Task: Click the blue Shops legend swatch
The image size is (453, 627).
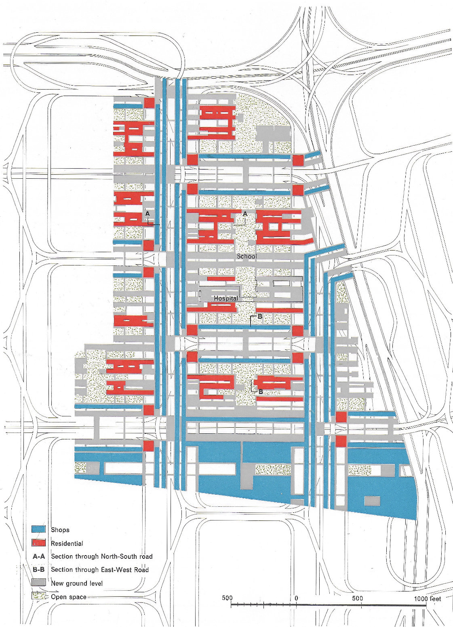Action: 38,529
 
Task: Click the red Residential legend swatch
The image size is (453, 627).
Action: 38,543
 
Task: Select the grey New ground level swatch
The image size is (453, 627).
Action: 38,583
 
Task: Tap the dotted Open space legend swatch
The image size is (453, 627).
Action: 38,596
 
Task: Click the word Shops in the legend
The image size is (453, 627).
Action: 60,530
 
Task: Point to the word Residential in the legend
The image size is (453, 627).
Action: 67,543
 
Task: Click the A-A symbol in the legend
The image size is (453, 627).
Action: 39,556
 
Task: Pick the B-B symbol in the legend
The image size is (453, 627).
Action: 39,570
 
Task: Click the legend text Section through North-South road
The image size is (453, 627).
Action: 102,556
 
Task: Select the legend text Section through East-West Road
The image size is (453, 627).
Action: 100,570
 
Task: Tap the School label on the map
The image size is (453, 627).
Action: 247,256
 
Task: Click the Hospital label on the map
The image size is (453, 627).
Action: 225,298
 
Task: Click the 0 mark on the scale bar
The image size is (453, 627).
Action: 296,598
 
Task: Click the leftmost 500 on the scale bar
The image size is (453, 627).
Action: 228,598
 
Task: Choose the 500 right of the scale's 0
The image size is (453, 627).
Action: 358,598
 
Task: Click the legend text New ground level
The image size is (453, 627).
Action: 77,583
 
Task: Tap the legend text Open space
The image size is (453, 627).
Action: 69,596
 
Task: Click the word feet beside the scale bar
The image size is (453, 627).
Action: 435,598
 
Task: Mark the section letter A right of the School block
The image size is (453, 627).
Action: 244,214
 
